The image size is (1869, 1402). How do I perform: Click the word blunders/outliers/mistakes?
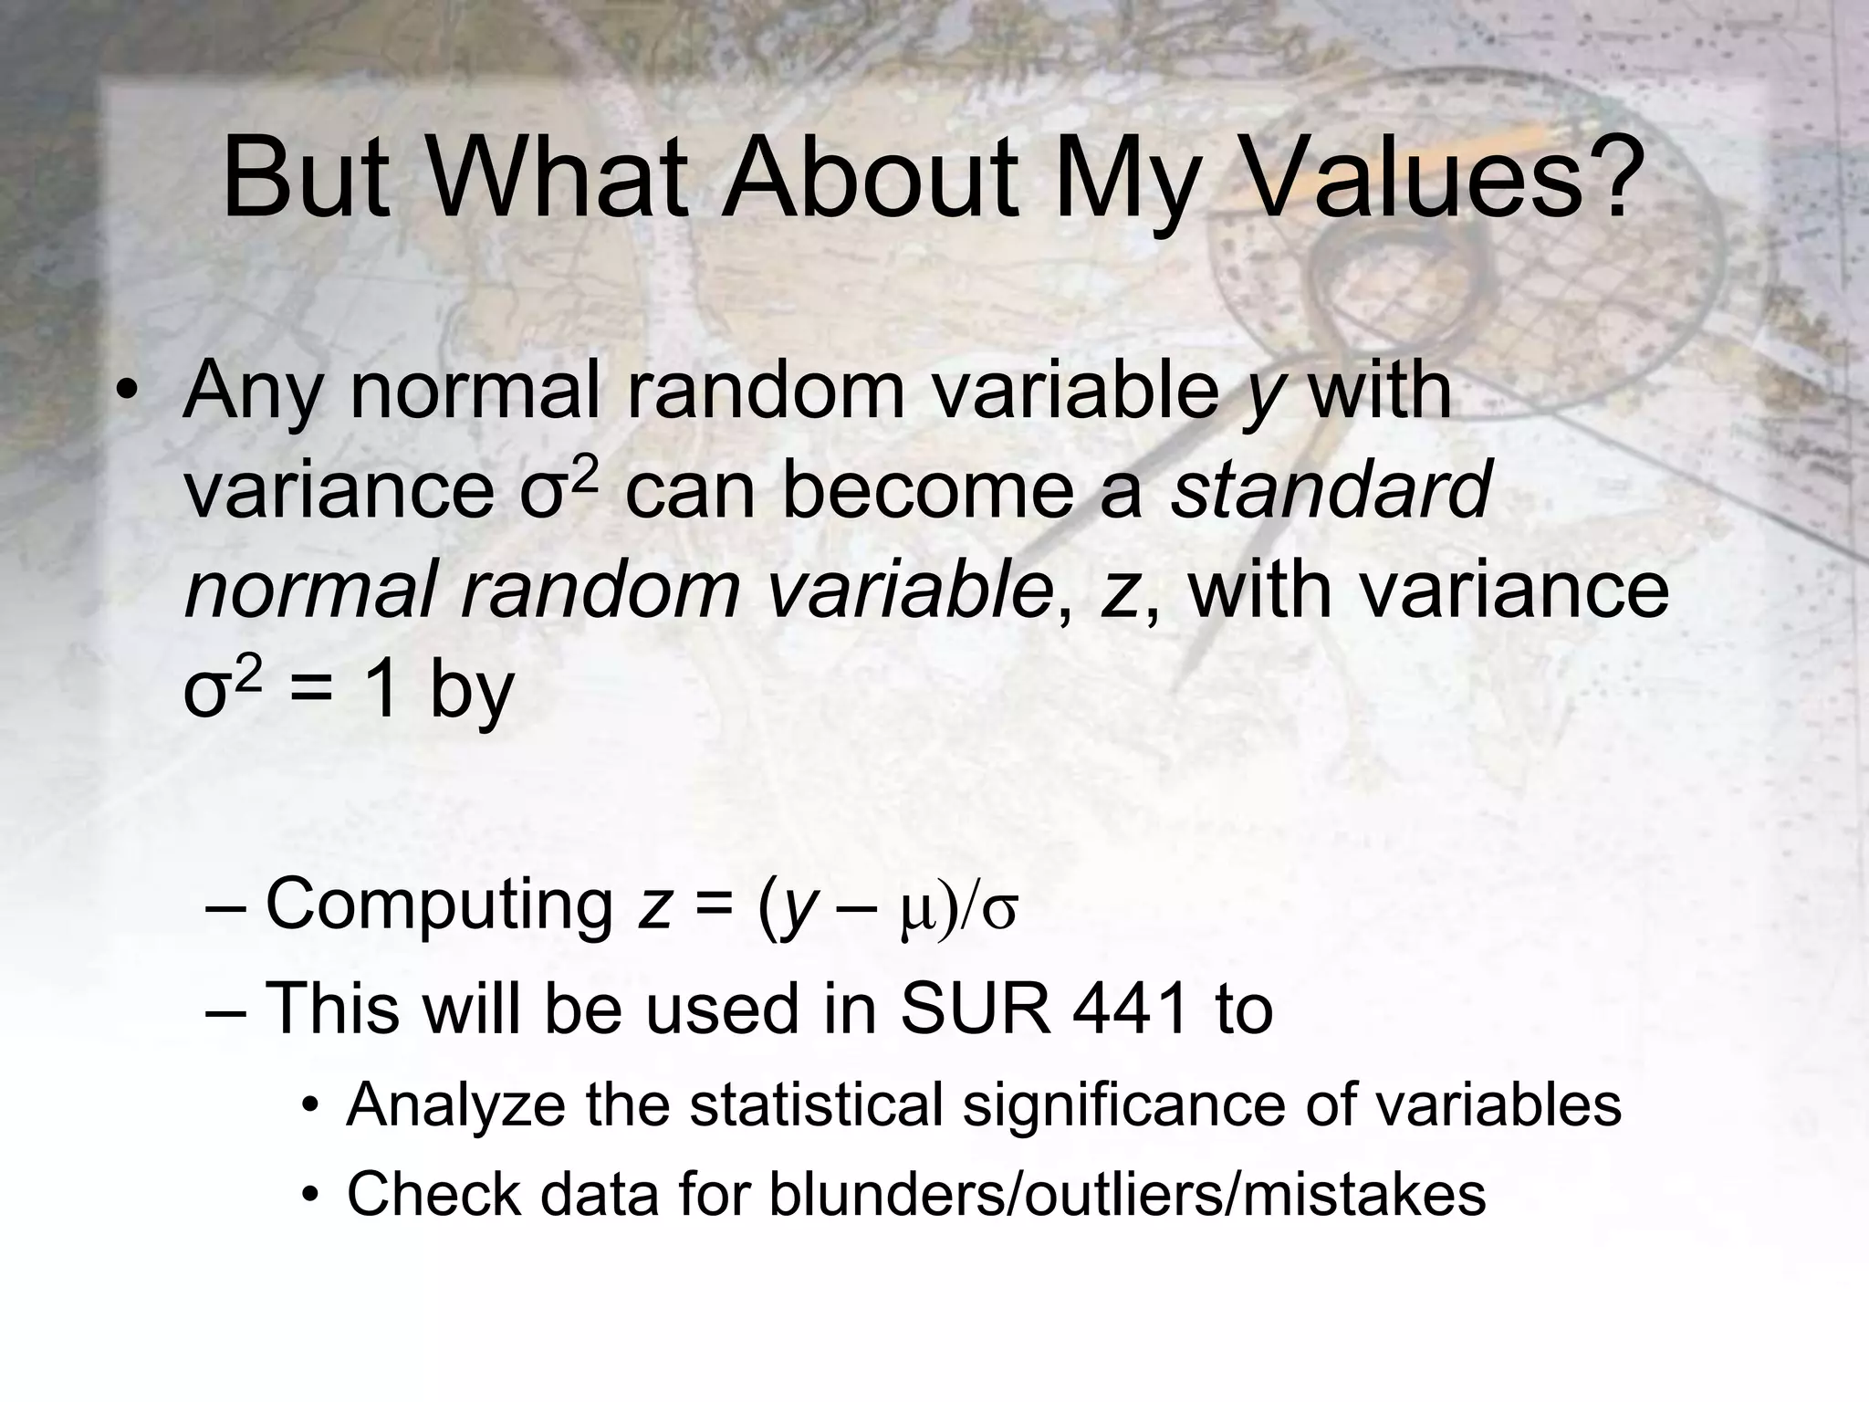coord(1127,1193)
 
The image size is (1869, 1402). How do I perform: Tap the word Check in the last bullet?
coord(433,1193)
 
